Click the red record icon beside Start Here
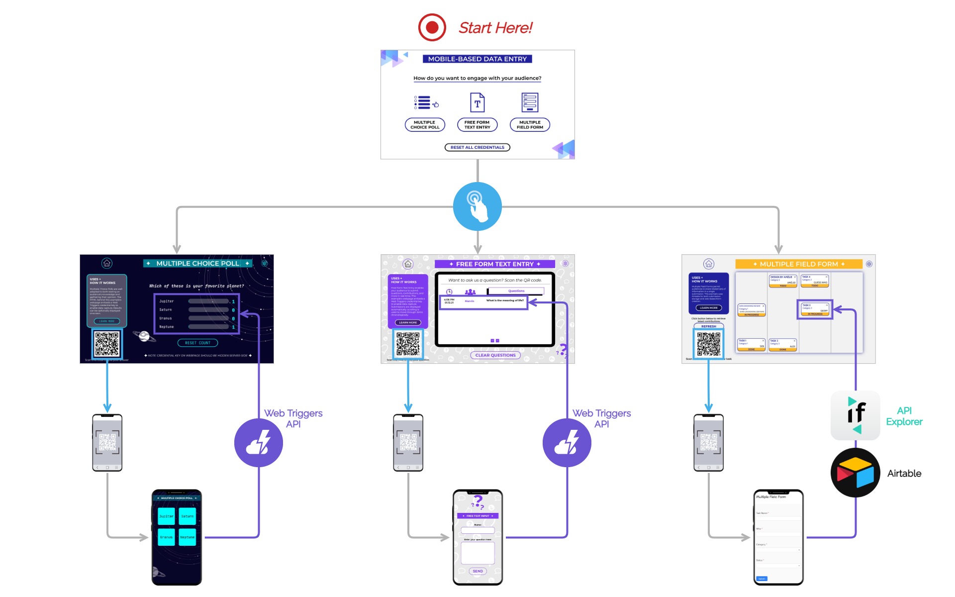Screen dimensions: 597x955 pyautogui.click(x=432, y=27)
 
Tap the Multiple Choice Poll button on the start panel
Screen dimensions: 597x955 pyautogui.click(x=425, y=124)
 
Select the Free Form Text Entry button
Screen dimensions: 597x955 pyautogui.click(x=477, y=124)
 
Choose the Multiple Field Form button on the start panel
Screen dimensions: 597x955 pyautogui.click(x=530, y=124)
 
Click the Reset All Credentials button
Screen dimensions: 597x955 pyautogui.click(x=477, y=147)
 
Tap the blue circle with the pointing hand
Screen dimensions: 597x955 pyautogui.click(x=477, y=206)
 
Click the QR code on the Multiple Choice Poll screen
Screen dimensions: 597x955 pyautogui.click(x=106, y=343)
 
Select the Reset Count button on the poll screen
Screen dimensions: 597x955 pyautogui.click(x=197, y=343)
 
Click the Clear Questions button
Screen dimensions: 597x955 pyautogui.click(x=495, y=355)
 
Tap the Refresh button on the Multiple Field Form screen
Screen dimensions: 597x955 pyautogui.click(x=708, y=326)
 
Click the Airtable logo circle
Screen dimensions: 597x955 pyautogui.click(x=855, y=473)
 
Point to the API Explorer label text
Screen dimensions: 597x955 pyautogui.click(x=904, y=416)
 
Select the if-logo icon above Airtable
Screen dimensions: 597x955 pyautogui.click(x=855, y=415)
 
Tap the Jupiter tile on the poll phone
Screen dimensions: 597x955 pyautogui.click(x=166, y=516)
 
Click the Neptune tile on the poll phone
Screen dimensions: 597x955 pyautogui.click(x=188, y=537)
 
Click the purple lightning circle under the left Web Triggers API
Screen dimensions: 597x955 pyautogui.click(x=258, y=443)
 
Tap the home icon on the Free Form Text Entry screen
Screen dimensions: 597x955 pyautogui.click(x=408, y=264)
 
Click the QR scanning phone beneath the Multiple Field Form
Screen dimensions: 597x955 pyautogui.click(x=708, y=443)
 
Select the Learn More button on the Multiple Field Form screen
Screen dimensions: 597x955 pyautogui.click(x=708, y=308)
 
